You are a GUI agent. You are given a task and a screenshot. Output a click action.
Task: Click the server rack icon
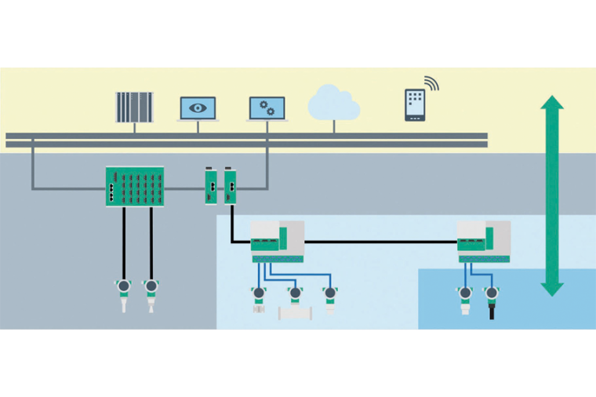pos(134,107)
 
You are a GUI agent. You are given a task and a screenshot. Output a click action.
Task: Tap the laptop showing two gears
pos(267,108)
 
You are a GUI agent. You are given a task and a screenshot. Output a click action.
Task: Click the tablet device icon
pos(416,105)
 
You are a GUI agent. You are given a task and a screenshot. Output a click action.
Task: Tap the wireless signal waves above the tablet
pos(432,83)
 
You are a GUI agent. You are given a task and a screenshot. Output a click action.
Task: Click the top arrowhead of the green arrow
pos(553,104)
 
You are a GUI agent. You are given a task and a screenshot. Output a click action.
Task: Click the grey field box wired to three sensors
pos(277,241)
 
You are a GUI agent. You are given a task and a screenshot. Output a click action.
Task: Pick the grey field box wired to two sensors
pos(484,241)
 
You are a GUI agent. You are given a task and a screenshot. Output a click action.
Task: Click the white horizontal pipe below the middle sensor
pos(296,312)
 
